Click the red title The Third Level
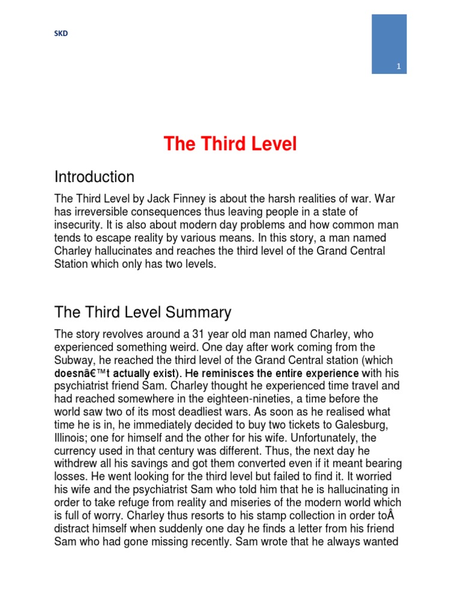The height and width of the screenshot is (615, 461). [230, 144]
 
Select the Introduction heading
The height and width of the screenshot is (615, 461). [94, 177]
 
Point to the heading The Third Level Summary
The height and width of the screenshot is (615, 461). [142, 312]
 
